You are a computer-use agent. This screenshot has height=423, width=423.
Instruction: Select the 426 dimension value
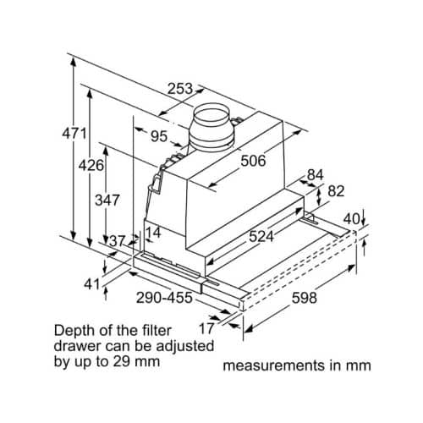pos(91,166)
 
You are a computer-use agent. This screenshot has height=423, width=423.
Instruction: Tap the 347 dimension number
pos(107,201)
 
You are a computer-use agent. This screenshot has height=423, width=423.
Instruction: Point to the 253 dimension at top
pos(179,88)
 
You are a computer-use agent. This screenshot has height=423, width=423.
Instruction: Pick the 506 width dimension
pos(253,160)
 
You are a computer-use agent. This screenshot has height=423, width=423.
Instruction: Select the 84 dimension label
pos(315,175)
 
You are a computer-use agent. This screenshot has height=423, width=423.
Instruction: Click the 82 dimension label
pos(335,191)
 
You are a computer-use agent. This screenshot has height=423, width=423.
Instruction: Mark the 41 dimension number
pos(92,284)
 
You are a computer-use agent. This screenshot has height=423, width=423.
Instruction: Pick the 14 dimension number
pos(153,233)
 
